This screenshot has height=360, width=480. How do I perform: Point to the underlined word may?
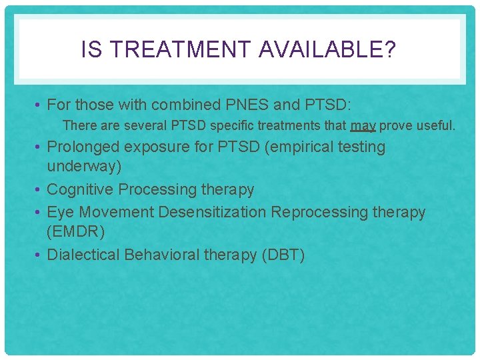click(363, 125)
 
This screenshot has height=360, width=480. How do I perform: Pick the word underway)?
click(84, 166)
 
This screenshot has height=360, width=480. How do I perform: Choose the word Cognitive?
click(80, 190)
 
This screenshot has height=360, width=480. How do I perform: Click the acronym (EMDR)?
click(75, 231)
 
